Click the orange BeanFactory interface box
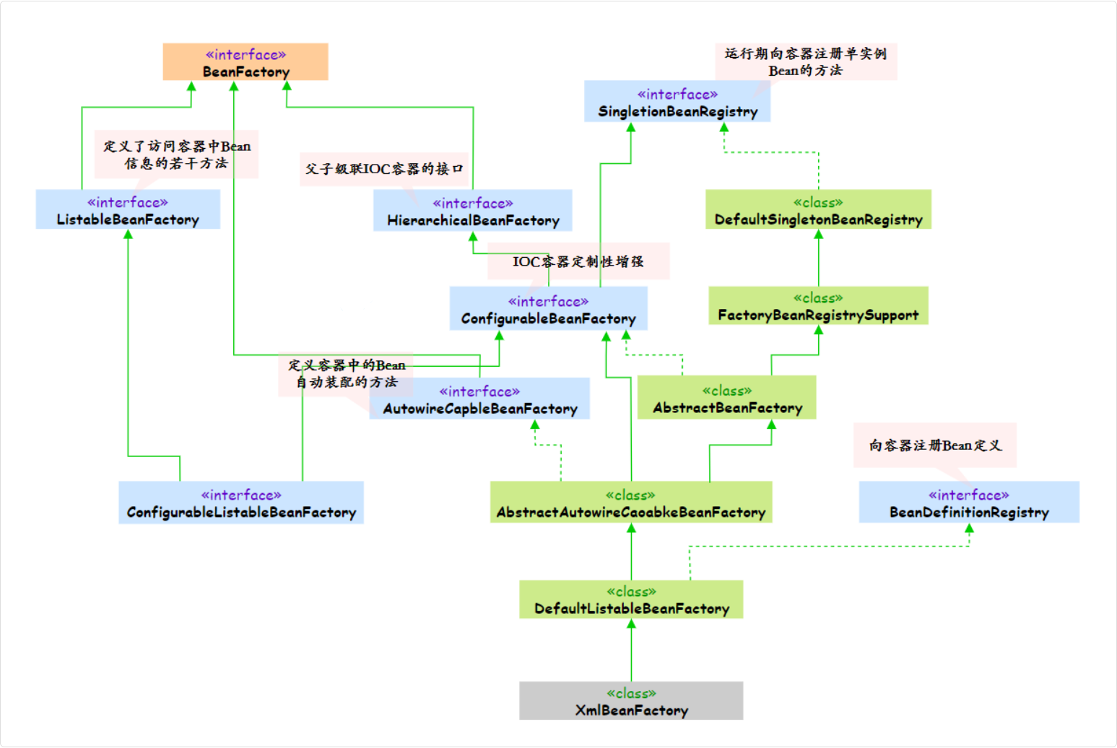[x=245, y=62]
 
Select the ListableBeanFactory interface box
[x=128, y=210]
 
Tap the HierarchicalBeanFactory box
[x=473, y=211]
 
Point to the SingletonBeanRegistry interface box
[x=677, y=102]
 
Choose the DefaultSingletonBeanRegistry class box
[x=818, y=210]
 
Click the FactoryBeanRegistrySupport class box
[x=818, y=306]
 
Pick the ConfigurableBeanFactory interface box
[x=548, y=309]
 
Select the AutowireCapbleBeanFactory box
[x=479, y=399]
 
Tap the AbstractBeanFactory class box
[x=727, y=399]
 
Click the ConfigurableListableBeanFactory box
[x=241, y=503]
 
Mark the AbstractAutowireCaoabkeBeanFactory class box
[x=630, y=503]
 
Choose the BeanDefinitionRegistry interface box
[x=969, y=503]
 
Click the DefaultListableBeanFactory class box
[x=631, y=599]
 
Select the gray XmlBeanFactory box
[x=631, y=701]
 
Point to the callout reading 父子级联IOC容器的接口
[x=383, y=169]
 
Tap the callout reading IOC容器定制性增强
[x=578, y=261]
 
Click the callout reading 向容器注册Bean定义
[x=935, y=445]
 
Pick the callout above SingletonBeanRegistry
[x=806, y=61]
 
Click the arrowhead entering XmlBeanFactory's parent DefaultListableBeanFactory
[x=631, y=624]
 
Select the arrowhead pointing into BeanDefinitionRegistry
[x=969, y=529]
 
